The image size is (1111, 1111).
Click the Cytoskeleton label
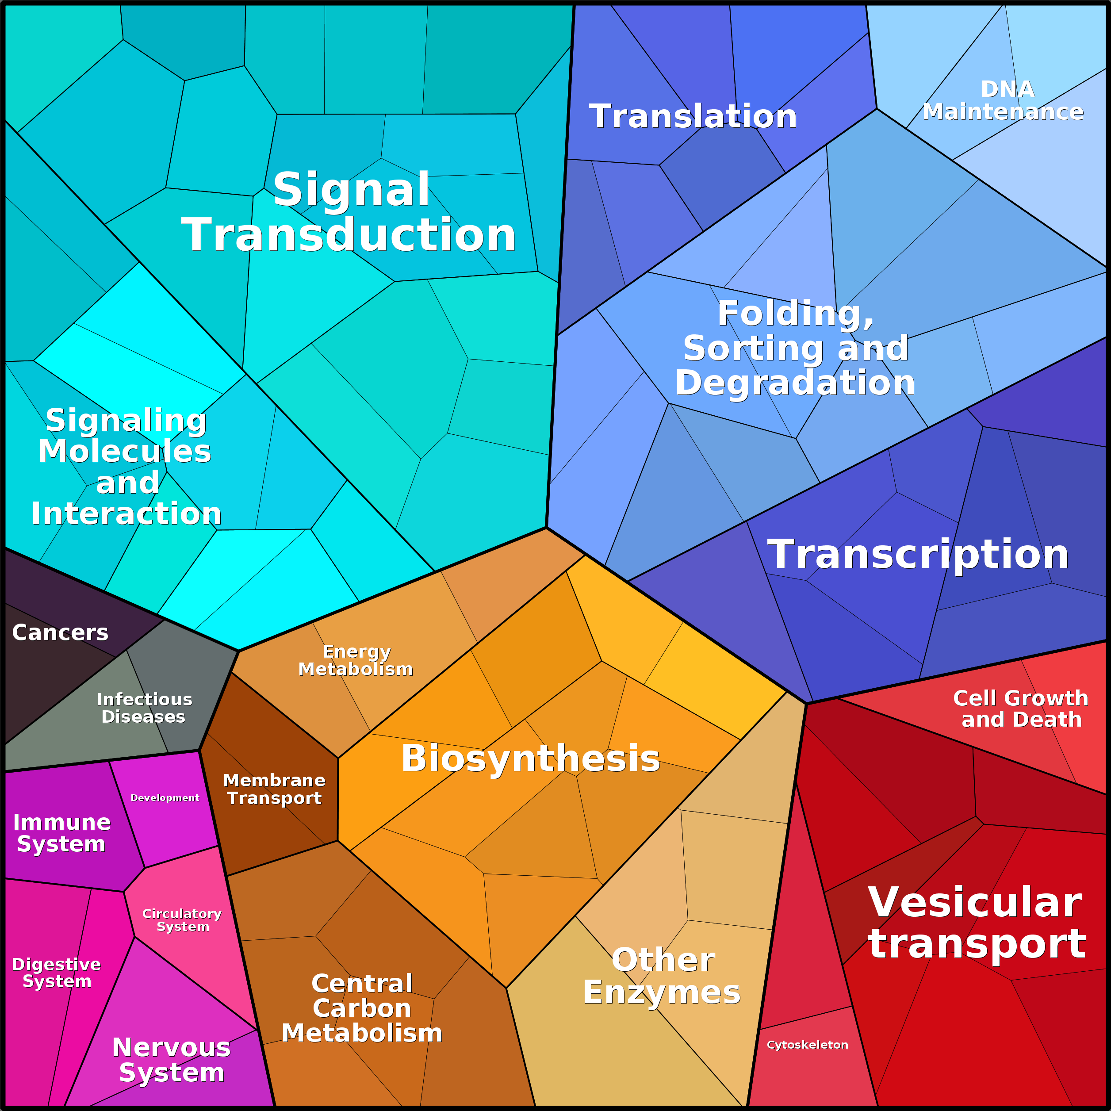[x=807, y=1045]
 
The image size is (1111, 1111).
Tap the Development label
[x=165, y=797]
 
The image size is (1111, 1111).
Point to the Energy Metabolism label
[x=356, y=661]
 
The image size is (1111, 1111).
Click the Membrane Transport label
[x=274, y=789]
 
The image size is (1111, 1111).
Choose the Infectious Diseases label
[x=144, y=708]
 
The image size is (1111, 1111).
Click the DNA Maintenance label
[x=1003, y=101]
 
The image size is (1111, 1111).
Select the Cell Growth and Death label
[x=1021, y=709]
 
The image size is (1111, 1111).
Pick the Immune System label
[x=61, y=833]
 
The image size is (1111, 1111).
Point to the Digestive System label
[x=56, y=973]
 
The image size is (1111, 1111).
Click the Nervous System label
[x=171, y=1060]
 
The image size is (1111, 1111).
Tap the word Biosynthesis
[x=531, y=758]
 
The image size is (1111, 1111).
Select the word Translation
[x=693, y=116]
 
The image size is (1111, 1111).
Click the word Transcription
[x=918, y=554]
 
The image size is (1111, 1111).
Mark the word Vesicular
[x=975, y=902]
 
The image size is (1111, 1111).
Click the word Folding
[x=795, y=314]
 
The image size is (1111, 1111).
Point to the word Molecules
[x=125, y=452]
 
